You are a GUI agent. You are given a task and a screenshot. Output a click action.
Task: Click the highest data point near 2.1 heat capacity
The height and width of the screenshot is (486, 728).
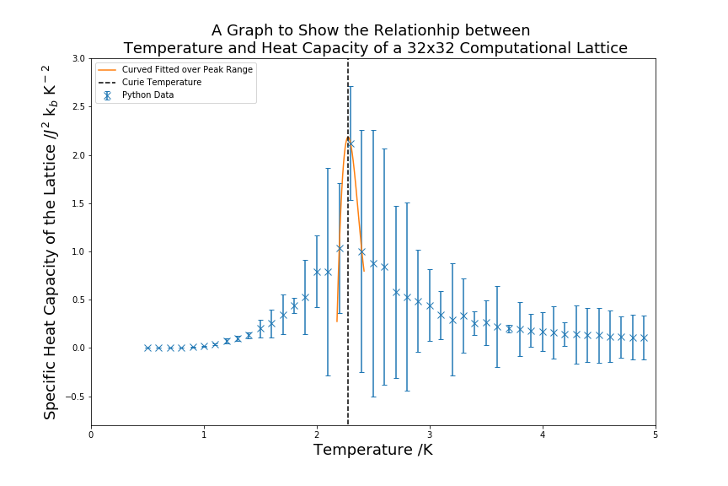click(x=351, y=143)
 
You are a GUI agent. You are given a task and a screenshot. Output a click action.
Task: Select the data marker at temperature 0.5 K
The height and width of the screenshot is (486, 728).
click(x=147, y=348)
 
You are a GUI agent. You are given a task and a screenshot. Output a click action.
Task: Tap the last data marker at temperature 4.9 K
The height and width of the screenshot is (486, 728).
click(x=644, y=337)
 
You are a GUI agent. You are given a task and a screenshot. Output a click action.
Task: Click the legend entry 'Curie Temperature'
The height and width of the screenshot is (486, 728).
click(x=162, y=82)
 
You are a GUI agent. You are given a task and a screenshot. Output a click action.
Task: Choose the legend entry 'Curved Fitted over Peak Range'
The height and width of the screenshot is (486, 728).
click(x=187, y=69)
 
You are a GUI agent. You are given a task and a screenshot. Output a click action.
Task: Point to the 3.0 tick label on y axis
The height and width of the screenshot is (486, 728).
click(x=78, y=58)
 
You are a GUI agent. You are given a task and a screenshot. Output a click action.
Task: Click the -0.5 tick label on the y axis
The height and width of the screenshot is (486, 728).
click(x=76, y=397)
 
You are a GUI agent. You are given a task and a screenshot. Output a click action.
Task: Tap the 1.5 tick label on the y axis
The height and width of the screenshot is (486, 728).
click(x=78, y=203)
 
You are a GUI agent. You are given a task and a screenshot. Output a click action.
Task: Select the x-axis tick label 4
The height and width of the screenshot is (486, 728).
click(x=543, y=435)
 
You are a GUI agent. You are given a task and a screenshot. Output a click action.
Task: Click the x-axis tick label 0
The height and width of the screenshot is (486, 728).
click(x=91, y=435)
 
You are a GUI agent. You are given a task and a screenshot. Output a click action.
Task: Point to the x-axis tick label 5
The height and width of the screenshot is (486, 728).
click(x=656, y=435)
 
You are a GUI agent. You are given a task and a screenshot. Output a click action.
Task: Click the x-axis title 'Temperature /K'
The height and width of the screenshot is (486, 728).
click(x=372, y=451)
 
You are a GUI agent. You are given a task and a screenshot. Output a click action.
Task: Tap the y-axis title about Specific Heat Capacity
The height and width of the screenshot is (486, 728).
click(x=51, y=242)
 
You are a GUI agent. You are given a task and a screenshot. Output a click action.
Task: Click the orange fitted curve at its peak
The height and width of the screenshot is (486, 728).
click(x=347, y=138)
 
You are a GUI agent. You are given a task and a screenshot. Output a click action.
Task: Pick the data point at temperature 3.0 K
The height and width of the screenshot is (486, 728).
click(x=430, y=305)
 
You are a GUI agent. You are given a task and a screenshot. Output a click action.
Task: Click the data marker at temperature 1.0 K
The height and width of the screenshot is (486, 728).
click(x=204, y=346)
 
